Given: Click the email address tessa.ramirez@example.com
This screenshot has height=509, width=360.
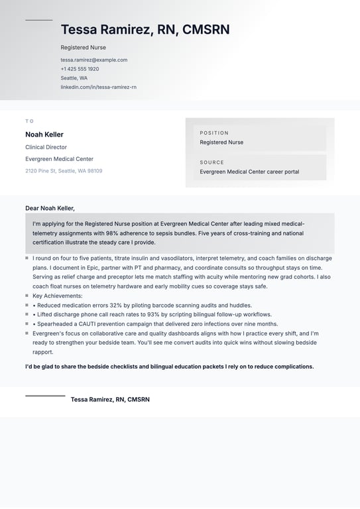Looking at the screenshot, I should click(x=93, y=60).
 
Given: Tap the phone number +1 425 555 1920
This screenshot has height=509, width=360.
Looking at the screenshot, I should click(x=80, y=69).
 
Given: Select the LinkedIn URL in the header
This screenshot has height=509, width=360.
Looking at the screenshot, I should click(x=98, y=87).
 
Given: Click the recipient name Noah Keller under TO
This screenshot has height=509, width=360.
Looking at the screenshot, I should click(x=44, y=135).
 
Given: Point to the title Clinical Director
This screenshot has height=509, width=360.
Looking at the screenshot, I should click(x=46, y=147).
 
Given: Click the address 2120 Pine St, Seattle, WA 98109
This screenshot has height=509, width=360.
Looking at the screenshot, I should click(x=64, y=171).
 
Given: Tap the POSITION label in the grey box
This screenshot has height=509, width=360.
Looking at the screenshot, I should click(x=214, y=133).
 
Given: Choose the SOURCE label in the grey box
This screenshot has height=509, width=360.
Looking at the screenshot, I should click(x=212, y=162).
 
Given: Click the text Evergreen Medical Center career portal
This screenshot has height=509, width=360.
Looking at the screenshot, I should click(x=249, y=172).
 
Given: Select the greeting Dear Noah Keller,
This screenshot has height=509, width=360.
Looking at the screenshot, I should click(x=50, y=208).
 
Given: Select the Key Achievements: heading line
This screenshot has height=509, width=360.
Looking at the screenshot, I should click(x=58, y=296).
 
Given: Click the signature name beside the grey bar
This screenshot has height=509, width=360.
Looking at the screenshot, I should click(x=110, y=400).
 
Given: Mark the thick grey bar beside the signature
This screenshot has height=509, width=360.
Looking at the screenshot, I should click(x=45, y=396).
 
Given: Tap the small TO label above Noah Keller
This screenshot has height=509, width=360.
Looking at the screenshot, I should click(x=29, y=121).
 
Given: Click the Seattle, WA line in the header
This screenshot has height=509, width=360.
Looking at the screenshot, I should click(x=74, y=78).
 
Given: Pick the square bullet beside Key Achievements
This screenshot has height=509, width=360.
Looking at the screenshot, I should click(x=27, y=296).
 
